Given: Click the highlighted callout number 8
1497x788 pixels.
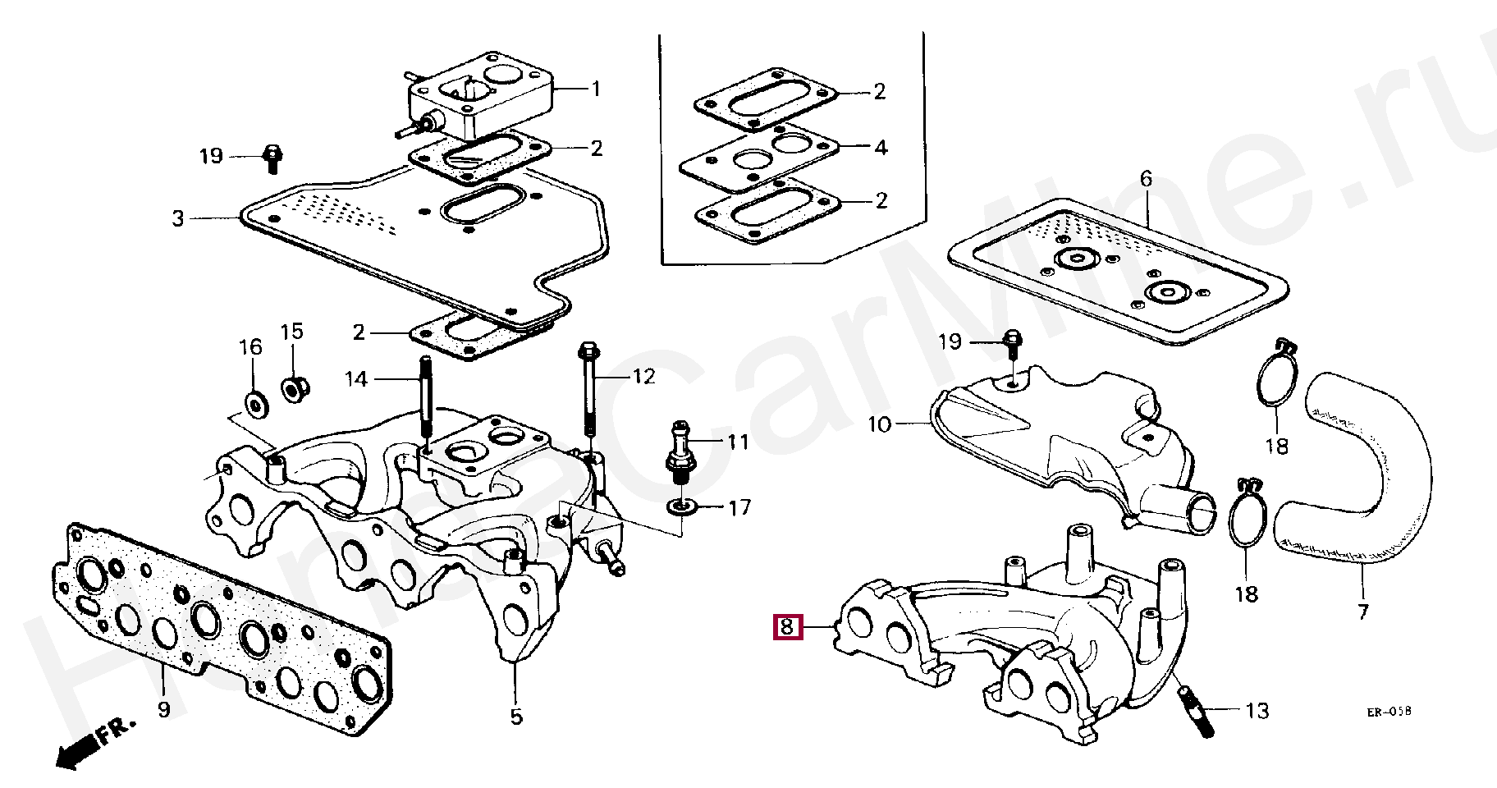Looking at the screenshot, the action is click(x=786, y=628).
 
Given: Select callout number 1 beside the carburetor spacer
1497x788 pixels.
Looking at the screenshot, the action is click(x=597, y=89).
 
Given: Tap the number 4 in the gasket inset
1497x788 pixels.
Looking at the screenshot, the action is click(x=881, y=148).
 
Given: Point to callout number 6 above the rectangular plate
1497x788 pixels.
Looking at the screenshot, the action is click(x=1147, y=178).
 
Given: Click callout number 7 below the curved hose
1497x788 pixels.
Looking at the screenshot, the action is click(x=1362, y=612).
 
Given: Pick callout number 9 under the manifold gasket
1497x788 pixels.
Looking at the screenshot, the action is click(x=163, y=708).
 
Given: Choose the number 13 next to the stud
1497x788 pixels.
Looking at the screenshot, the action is click(x=1257, y=710).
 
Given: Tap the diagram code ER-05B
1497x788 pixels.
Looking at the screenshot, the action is click(x=1389, y=714).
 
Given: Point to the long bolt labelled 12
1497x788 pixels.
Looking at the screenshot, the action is click(x=588, y=394).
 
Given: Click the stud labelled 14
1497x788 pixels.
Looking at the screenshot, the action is click(x=428, y=401).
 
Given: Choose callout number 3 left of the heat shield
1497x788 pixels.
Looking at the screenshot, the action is click(x=178, y=219).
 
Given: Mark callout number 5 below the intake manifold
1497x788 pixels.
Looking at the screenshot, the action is click(x=515, y=717).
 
